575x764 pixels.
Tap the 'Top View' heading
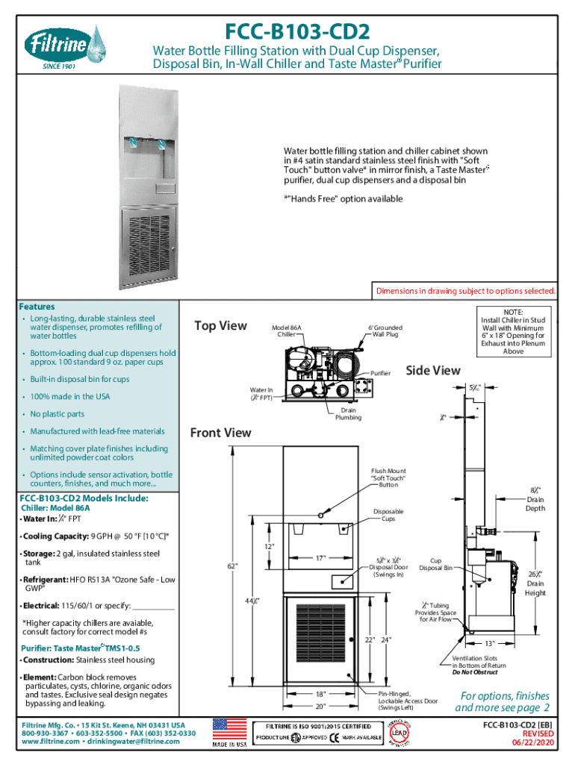pos(220,325)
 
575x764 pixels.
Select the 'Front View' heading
pos(220,433)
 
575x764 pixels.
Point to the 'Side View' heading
pos(432,370)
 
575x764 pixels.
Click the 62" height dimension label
pos(232,565)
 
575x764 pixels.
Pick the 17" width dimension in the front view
pos(320,557)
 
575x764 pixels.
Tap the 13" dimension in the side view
pos(490,643)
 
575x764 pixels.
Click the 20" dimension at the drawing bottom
pos(320,706)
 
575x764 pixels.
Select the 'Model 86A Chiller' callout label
pos(287,331)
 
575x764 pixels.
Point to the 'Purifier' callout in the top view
pos(381,372)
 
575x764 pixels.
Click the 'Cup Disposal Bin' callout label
pos(435,563)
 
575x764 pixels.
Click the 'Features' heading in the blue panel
pos(37,307)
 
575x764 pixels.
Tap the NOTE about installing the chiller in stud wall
pos(513,331)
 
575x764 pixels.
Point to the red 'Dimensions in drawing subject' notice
pos(465,291)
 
